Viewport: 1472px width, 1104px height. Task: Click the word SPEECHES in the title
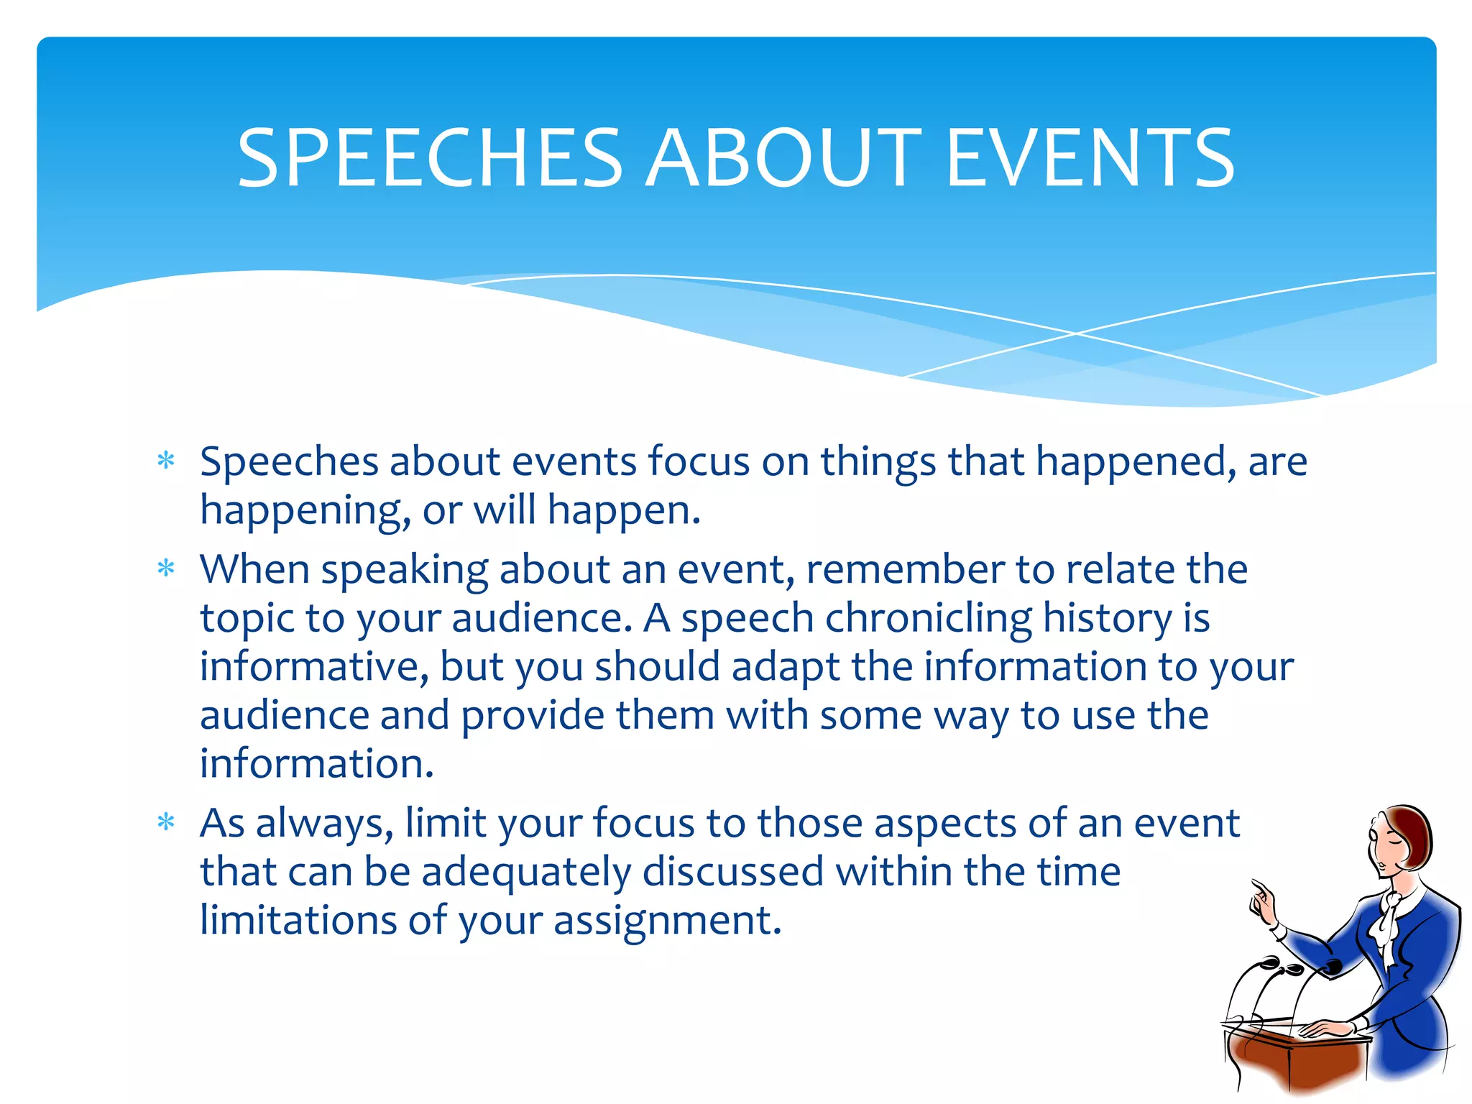[x=429, y=158]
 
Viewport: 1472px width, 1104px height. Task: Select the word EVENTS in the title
[x=1090, y=158]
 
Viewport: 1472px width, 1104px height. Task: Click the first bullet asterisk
[x=166, y=461]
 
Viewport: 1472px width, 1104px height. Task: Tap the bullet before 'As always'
[x=166, y=822]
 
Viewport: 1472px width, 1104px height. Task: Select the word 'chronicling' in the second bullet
[x=928, y=618]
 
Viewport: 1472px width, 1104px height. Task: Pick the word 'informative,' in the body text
[x=314, y=666]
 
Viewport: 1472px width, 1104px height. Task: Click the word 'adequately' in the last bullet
[x=526, y=872]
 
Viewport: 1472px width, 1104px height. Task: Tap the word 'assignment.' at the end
[x=667, y=921]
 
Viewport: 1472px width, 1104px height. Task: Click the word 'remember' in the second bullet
[x=905, y=569]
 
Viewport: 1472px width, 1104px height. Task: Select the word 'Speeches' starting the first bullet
[x=289, y=461]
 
